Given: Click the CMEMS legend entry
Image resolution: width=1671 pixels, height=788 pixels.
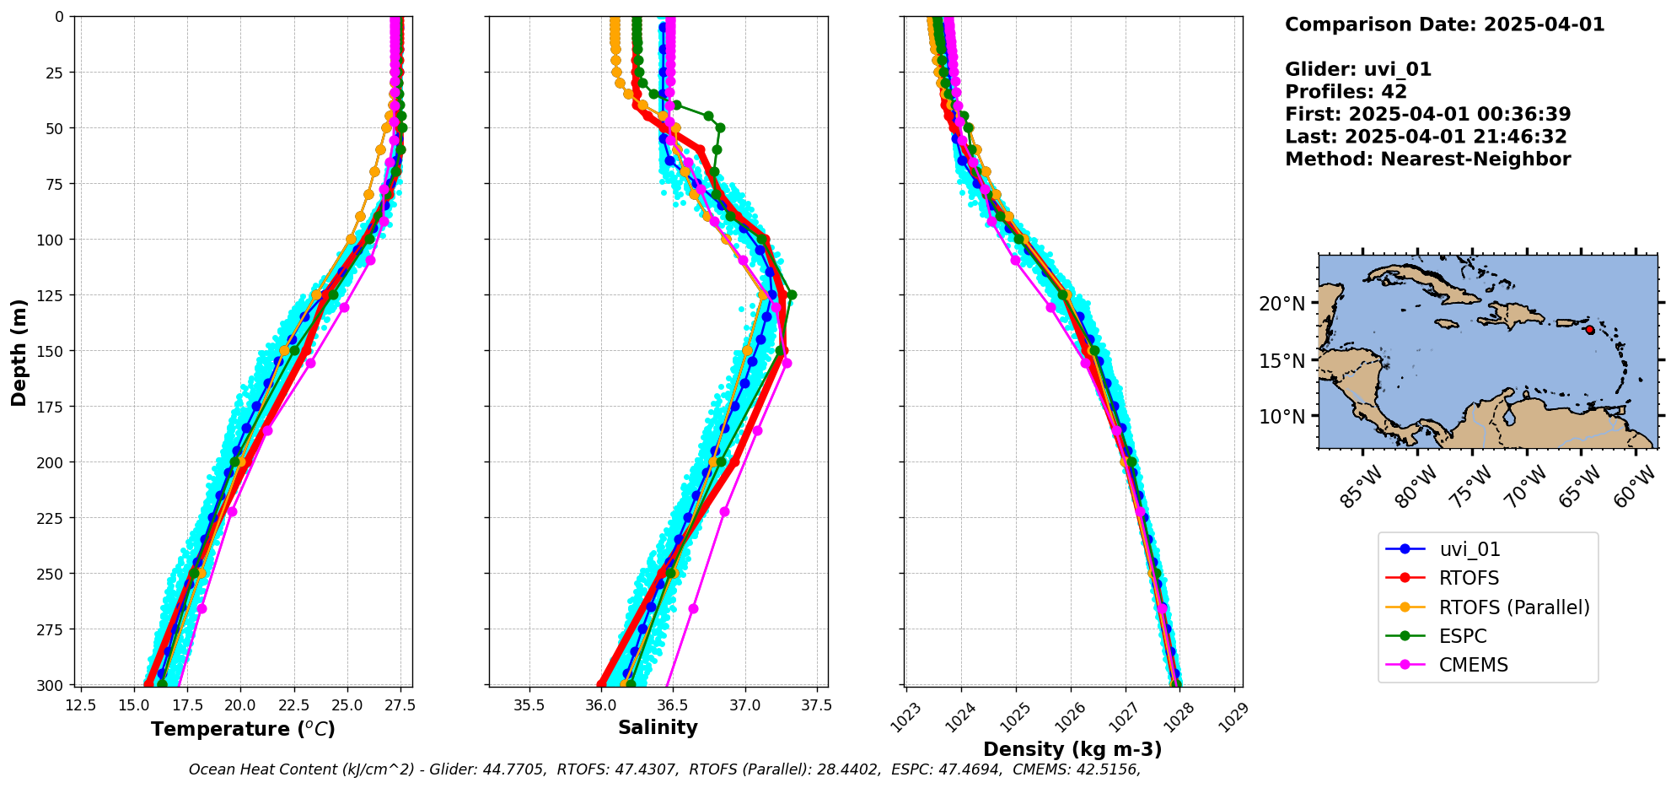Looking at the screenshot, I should [x=1473, y=665].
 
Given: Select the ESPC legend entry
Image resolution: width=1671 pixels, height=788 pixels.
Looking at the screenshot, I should [x=1463, y=636].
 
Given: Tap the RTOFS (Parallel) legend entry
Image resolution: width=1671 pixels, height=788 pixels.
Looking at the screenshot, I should [x=1514, y=607].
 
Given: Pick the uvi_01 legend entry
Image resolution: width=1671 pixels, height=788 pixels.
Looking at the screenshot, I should [x=1470, y=549].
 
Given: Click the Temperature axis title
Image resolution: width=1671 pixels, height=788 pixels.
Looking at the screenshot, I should [x=243, y=729].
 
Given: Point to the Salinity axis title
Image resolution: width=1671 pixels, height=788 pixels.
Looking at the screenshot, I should [x=658, y=728].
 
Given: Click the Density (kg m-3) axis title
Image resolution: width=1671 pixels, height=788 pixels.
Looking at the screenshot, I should [x=1072, y=749].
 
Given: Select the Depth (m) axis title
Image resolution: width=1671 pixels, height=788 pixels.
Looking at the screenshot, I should [x=19, y=352].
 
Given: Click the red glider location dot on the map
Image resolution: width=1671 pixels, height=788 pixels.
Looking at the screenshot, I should [x=1590, y=330].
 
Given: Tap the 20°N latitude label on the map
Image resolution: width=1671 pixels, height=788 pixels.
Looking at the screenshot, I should [x=1281, y=304].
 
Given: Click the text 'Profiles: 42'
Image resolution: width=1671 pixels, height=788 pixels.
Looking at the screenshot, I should [x=1346, y=92].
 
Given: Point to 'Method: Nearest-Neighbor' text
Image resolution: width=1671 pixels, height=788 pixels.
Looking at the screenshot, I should [x=1427, y=159].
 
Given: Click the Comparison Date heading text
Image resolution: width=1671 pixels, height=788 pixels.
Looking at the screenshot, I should [x=1444, y=24].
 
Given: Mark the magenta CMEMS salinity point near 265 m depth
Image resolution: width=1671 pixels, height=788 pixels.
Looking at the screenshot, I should [x=693, y=608].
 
